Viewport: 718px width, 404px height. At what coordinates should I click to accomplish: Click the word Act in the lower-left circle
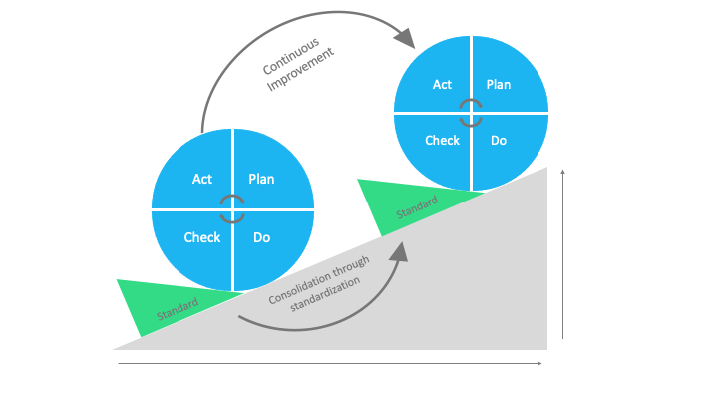coord(201,180)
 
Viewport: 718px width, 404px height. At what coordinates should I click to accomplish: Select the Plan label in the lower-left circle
coord(261,180)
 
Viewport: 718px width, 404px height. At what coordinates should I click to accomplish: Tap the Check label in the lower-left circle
coord(201,237)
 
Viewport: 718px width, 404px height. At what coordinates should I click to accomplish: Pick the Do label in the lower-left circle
coord(261,237)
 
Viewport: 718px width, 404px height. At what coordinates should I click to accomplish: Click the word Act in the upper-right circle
coord(442,85)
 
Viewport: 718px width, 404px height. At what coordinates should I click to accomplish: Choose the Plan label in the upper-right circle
coord(499,85)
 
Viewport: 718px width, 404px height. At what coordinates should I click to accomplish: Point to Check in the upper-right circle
coord(442,140)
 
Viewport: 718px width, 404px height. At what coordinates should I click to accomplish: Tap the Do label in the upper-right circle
coord(499,140)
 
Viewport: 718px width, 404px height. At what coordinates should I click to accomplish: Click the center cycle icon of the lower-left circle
coord(232,209)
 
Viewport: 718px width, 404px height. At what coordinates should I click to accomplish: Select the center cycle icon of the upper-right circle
coord(471,113)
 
